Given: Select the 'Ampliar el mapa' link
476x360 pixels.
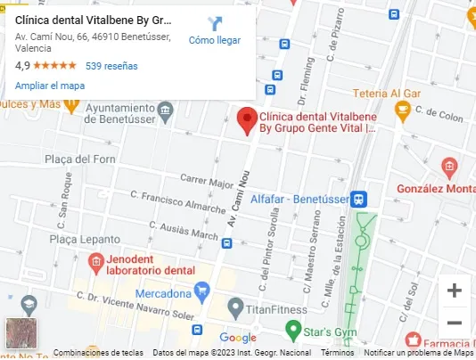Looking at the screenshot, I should click(x=50, y=86).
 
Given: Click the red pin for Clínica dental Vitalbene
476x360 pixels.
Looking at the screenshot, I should click(x=248, y=119).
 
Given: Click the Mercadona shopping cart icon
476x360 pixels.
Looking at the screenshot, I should click(x=202, y=290).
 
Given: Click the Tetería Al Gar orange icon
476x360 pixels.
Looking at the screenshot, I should click(x=402, y=110).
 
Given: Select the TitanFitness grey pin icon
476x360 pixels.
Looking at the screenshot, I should click(x=235, y=308).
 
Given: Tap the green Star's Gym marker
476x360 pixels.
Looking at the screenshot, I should click(x=291, y=331).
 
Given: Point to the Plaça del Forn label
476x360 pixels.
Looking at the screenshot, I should click(x=80, y=160).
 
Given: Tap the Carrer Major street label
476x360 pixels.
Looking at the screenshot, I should click(x=206, y=184).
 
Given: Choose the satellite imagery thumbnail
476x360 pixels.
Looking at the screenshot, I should click(x=21, y=332).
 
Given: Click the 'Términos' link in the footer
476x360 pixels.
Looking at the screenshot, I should click(x=337, y=353).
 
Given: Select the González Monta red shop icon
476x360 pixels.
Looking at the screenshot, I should click(x=449, y=167).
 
